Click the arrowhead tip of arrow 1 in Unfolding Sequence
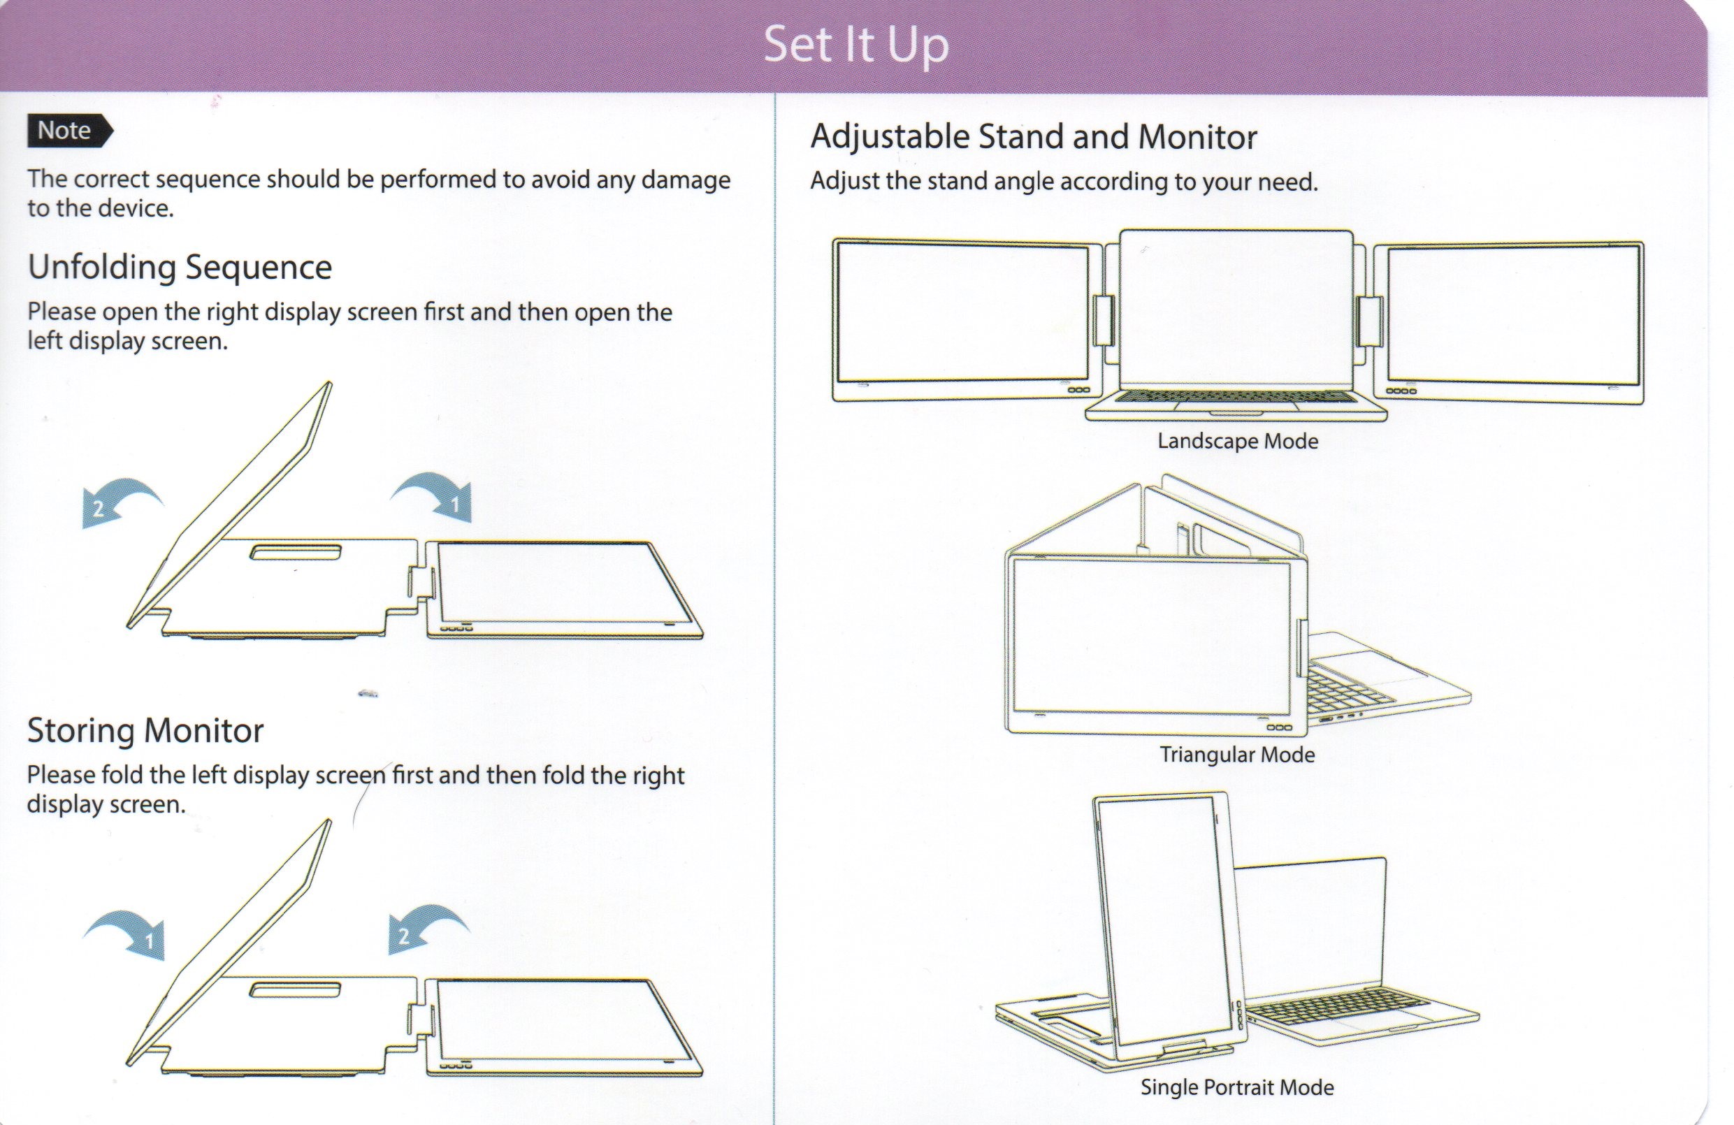click(470, 522)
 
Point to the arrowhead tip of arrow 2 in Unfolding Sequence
click(83, 528)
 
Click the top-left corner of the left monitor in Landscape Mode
click(834, 239)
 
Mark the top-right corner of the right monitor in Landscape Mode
click(1643, 242)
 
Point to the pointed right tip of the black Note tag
click(114, 131)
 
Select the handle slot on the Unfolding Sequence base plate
click(295, 552)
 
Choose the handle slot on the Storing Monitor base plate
click(295, 989)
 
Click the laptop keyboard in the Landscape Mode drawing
click(1236, 397)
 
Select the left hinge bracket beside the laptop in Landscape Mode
click(1103, 321)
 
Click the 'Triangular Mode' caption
click(1237, 754)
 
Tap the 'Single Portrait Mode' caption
click(1237, 1087)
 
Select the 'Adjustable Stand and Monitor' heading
click(1034, 137)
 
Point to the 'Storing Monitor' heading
click(145, 730)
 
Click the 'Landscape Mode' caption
click(1238, 441)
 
